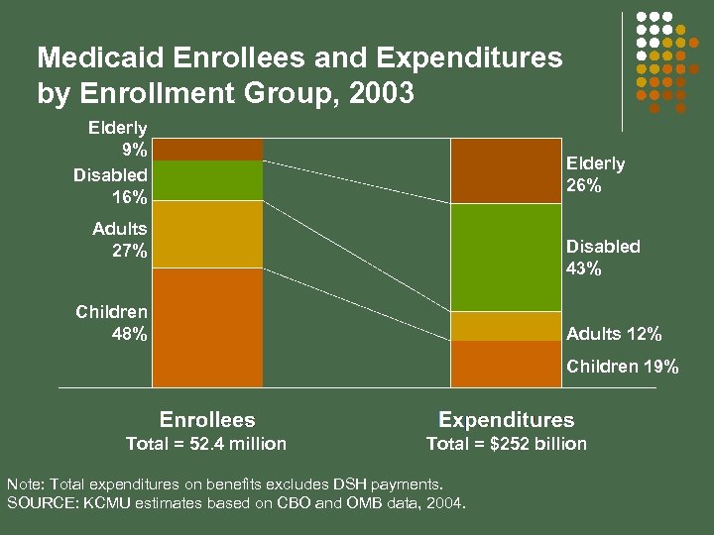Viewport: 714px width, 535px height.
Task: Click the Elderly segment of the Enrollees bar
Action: coord(207,149)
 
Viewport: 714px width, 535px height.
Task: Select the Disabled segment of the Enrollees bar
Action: coord(207,180)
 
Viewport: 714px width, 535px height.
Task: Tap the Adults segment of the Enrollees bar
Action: coord(207,234)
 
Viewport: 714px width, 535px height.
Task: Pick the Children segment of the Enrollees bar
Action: coord(207,327)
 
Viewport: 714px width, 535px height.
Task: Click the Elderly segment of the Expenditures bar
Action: coord(505,170)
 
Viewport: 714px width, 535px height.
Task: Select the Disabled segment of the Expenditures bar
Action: coord(505,258)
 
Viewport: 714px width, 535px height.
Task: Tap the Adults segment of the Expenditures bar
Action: coord(505,326)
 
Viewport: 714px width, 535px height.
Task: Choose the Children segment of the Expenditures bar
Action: coord(505,364)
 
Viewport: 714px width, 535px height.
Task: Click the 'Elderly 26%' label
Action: coord(595,174)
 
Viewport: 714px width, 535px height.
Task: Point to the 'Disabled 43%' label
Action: coord(603,258)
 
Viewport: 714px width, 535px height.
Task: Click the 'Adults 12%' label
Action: coord(614,334)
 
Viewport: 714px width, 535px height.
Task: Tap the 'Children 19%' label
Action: coord(623,368)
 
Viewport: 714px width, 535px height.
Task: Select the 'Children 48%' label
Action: coord(112,323)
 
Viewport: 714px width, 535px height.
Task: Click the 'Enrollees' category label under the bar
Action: coord(207,420)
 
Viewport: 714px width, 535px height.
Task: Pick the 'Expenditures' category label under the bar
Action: coord(506,420)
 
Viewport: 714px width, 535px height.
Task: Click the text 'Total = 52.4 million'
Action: coord(206,444)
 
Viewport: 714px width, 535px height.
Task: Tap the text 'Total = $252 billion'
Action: coord(506,444)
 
